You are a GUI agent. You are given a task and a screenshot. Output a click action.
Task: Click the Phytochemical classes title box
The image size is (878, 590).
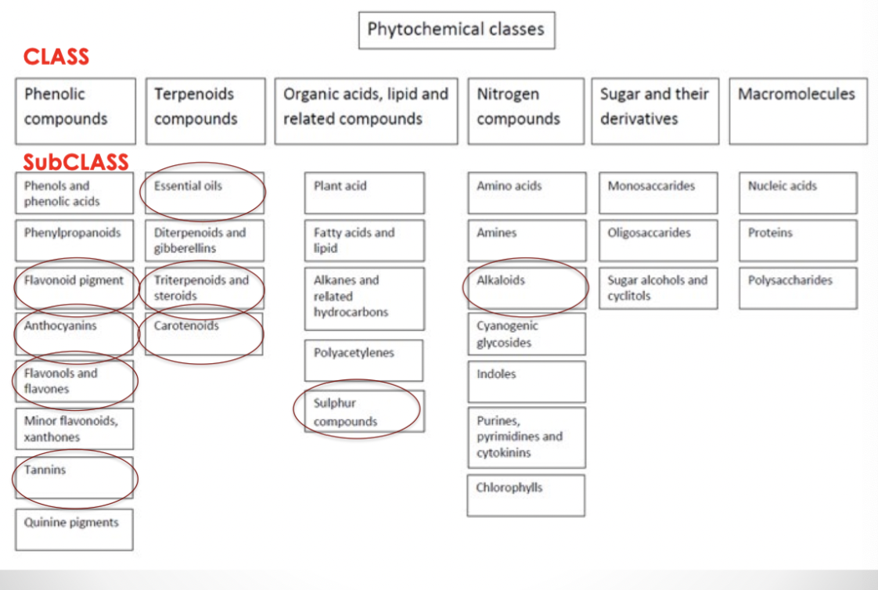pyautogui.click(x=456, y=31)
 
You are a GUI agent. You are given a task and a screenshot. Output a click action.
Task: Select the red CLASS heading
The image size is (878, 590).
pyautogui.click(x=56, y=57)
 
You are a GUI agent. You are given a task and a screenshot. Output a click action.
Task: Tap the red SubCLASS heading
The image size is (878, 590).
pyautogui.click(x=75, y=162)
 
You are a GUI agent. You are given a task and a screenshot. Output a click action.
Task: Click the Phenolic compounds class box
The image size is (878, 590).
pyautogui.click(x=75, y=110)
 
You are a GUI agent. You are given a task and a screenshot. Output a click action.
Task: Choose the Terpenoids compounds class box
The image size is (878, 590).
pyautogui.click(x=205, y=110)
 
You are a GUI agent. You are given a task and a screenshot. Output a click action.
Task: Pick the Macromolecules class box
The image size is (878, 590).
pyautogui.click(x=797, y=110)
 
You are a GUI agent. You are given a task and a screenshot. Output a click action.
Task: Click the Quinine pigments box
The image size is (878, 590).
pyautogui.click(x=74, y=530)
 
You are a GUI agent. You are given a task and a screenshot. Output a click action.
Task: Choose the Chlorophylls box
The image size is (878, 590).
pyautogui.click(x=526, y=495)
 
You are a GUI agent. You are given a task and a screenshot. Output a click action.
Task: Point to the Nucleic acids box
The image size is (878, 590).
pyautogui.click(x=797, y=192)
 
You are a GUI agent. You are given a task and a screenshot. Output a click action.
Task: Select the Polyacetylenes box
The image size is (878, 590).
pyautogui.click(x=364, y=360)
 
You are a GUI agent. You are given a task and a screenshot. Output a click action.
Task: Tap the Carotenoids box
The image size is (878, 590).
pyautogui.click(x=203, y=333)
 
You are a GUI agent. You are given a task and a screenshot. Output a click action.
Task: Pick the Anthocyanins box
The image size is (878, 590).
pyautogui.click(x=74, y=333)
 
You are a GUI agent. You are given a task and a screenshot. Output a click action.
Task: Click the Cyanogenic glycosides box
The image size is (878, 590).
pyautogui.click(x=526, y=334)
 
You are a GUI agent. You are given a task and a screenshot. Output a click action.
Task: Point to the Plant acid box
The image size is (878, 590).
pyautogui.click(x=364, y=192)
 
